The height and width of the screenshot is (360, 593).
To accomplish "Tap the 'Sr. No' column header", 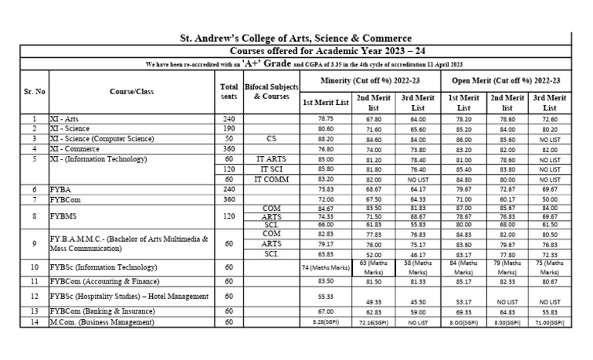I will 33,91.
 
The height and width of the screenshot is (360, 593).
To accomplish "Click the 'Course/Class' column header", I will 131,91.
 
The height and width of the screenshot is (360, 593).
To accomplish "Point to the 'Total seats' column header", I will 229,92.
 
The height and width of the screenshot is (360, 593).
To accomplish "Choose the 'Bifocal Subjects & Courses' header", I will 271,92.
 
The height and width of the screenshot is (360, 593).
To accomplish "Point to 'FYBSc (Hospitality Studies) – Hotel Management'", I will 128,296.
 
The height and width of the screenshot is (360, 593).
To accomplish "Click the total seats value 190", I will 229,129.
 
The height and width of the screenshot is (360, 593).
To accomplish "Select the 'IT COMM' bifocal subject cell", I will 271,178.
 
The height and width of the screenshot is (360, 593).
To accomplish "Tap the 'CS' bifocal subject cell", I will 271,139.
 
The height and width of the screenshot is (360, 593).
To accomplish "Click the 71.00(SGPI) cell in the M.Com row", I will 549,321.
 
